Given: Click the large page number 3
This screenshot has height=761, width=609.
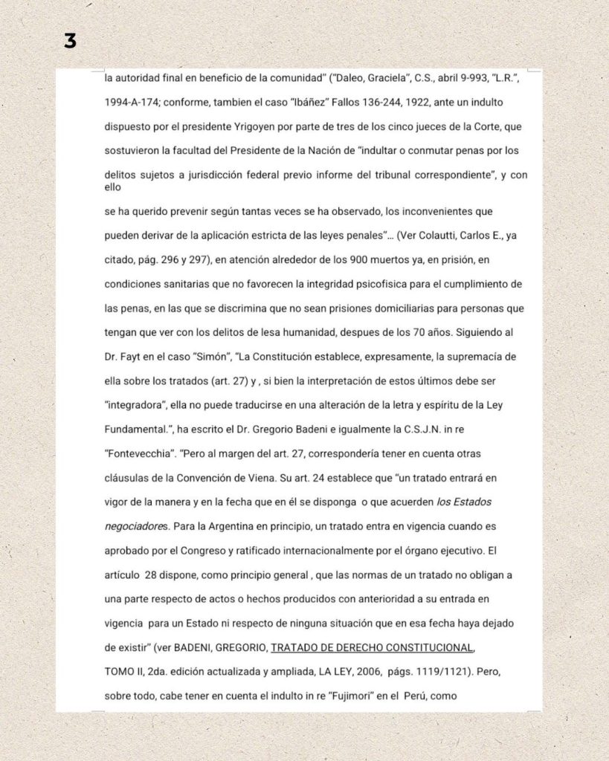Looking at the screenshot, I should [x=70, y=42].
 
